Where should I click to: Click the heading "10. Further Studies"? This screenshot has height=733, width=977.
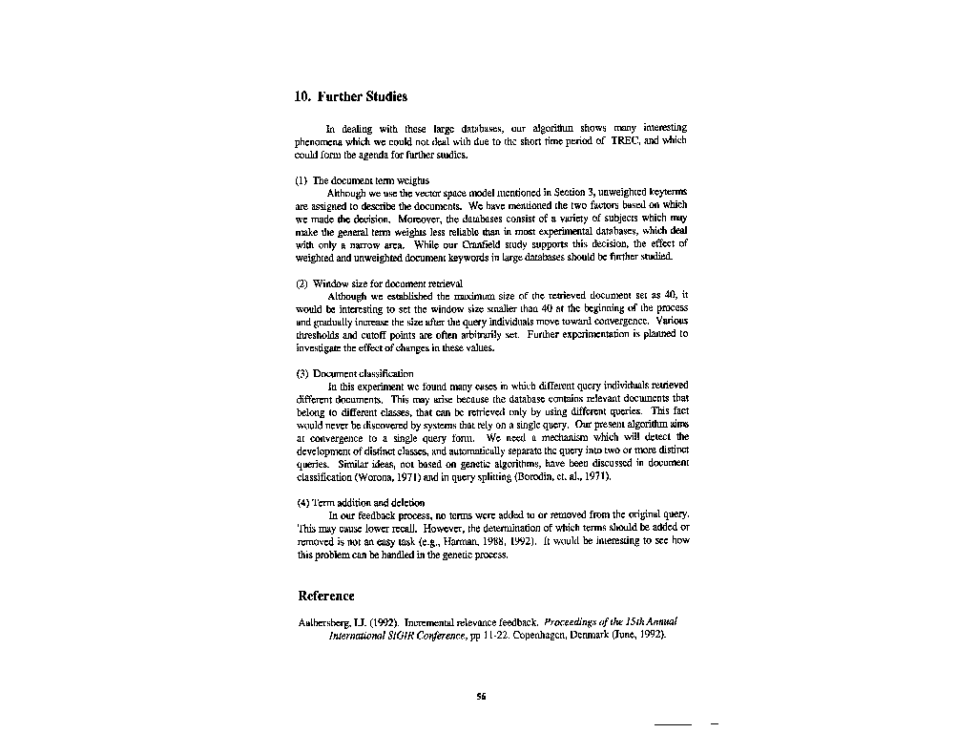click(351, 96)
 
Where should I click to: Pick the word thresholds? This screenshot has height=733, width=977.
click(321, 335)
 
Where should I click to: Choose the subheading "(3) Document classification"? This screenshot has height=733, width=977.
click(355, 373)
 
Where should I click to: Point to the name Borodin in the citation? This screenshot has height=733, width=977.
click(537, 475)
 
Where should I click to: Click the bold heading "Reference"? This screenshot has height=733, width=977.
click(326, 597)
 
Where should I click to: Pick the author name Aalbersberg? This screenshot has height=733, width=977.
click(328, 622)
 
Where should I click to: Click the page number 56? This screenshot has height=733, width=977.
click(482, 696)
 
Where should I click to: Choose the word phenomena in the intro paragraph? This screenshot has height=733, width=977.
click(322, 140)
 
